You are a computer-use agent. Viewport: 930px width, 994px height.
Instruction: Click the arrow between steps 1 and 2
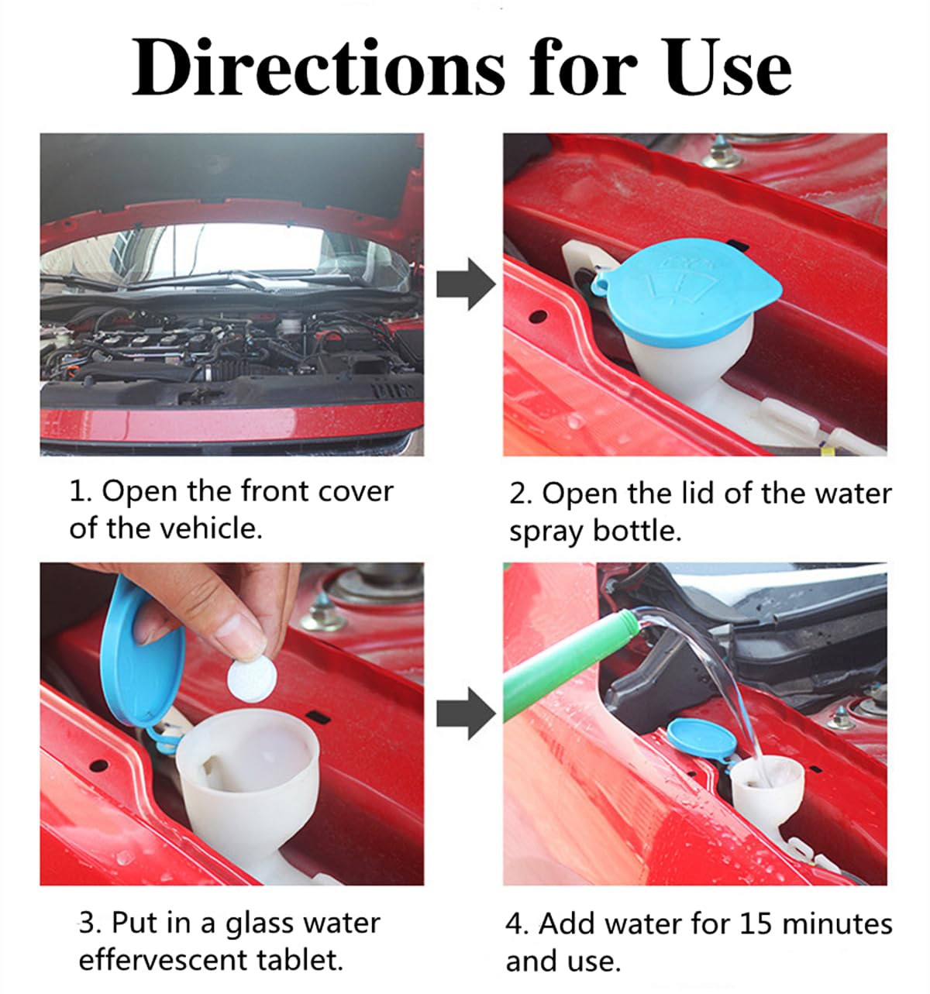tap(465, 284)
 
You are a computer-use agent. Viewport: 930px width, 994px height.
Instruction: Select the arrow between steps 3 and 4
tap(465, 714)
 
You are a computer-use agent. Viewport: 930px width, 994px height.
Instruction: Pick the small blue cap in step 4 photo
tap(701, 737)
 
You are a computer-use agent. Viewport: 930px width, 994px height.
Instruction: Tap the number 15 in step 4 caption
tap(756, 923)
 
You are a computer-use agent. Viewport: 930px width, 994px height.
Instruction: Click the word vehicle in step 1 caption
tap(210, 528)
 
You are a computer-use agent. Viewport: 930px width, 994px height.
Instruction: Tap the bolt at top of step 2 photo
tap(722, 154)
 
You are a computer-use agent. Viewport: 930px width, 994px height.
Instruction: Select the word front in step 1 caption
tap(280, 491)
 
